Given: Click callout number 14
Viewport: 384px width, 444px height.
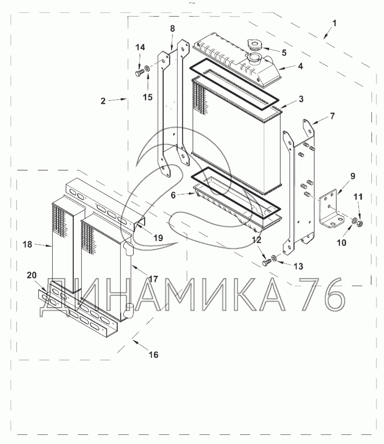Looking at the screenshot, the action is click(x=140, y=47).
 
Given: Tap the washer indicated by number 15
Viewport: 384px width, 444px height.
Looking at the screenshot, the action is click(x=147, y=68).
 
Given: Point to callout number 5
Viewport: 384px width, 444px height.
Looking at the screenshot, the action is click(x=284, y=53).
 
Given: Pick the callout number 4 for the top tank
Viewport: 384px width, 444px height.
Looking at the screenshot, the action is click(x=301, y=66).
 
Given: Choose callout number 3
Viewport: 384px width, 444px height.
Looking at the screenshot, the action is click(x=301, y=99).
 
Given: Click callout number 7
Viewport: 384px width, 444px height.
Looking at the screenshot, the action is click(x=332, y=116).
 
